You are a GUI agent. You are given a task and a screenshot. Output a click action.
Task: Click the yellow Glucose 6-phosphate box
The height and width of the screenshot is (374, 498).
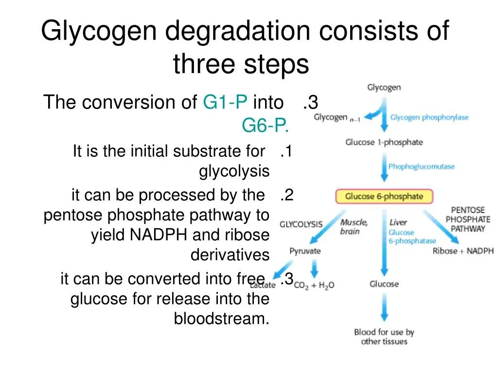384,197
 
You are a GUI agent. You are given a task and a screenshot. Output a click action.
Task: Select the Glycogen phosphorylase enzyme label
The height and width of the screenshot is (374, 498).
429,117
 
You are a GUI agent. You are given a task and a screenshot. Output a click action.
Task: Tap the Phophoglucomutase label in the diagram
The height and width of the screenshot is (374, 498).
421,167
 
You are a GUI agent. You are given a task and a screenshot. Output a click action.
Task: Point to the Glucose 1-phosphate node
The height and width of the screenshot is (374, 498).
384,142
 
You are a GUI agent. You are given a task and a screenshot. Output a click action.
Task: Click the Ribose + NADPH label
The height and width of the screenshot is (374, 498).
463,251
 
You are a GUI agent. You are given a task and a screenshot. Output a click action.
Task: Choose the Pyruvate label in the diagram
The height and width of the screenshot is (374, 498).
305,251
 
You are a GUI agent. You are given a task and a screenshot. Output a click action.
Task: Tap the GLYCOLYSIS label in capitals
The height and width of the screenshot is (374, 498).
301,224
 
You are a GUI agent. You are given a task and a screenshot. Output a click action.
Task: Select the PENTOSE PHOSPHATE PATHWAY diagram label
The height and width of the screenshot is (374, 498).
468,219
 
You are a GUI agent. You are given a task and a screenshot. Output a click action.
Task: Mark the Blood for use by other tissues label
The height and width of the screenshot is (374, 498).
384,337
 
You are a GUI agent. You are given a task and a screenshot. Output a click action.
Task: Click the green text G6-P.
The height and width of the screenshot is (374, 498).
266,126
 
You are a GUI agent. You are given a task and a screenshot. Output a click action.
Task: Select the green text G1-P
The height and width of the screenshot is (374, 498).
225,102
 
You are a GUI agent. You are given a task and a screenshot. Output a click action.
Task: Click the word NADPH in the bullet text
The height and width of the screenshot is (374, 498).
159,235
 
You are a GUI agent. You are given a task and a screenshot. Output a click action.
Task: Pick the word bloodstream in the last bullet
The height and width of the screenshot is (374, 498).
221,318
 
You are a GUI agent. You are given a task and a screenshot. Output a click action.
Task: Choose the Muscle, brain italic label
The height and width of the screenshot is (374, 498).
354,227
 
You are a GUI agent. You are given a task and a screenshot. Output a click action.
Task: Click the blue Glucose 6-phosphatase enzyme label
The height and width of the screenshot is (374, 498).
411,237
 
